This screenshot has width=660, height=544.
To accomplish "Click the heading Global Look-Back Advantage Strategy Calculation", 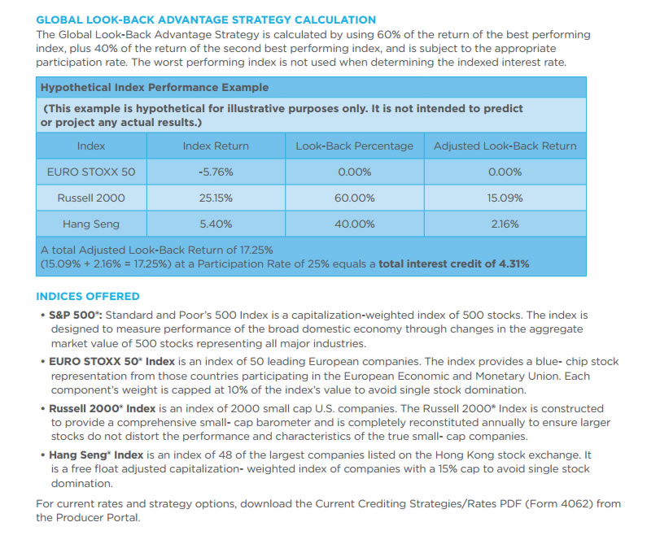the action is [x=206, y=20].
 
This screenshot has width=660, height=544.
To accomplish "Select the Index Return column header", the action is [x=216, y=146].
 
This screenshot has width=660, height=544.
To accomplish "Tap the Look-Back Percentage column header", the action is [x=354, y=146].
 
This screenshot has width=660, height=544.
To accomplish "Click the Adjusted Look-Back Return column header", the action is [x=505, y=146].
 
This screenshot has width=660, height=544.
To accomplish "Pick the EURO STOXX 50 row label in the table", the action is [x=91, y=172].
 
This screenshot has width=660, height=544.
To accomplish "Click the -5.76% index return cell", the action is [x=216, y=172].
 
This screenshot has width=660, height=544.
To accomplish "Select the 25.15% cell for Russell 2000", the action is [x=216, y=198].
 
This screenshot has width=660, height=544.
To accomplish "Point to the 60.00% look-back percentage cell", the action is [x=354, y=198].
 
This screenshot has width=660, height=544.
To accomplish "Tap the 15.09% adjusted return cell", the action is [x=505, y=198].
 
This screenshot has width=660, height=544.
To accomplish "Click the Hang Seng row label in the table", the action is [x=91, y=224].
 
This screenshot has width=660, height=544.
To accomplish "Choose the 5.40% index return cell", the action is [x=216, y=224].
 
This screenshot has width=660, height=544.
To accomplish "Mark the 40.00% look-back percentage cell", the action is [x=354, y=224].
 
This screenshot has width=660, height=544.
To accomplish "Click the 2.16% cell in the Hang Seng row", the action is [x=505, y=224].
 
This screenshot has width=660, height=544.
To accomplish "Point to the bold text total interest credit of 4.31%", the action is [x=454, y=264].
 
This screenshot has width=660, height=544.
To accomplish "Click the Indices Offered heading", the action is [x=88, y=297].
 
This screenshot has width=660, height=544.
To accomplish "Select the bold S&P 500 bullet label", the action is [x=76, y=316].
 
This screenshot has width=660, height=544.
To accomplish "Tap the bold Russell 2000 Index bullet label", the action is [x=103, y=408].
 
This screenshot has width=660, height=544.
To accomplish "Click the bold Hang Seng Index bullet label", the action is [x=96, y=455].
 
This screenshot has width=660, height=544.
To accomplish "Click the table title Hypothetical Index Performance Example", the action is [x=155, y=88].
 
